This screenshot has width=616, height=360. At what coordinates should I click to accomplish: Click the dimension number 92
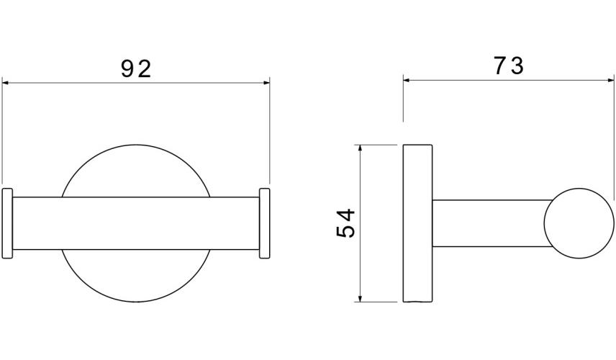(x=136, y=69)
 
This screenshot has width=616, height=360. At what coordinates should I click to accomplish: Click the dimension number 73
(x=509, y=66)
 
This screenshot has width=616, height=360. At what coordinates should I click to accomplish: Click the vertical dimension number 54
(x=345, y=224)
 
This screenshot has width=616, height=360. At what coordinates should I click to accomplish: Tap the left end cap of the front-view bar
(x=7, y=223)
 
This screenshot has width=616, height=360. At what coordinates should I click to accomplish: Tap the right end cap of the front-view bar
(x=264, y=223)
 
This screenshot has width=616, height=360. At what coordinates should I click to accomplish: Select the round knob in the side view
(x=579, y=223)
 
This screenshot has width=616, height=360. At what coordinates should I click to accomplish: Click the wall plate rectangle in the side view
(x=417, y=223)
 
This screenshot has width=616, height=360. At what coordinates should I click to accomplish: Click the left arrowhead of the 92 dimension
(x=6, y=83)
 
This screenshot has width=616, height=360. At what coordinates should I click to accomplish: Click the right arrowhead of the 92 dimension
(x=266, y=83)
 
